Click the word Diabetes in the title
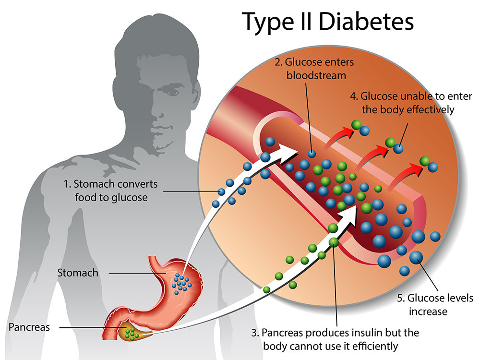[366, 22]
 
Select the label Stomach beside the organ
[77, 273]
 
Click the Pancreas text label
[28, 327]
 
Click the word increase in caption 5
[428, 311]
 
